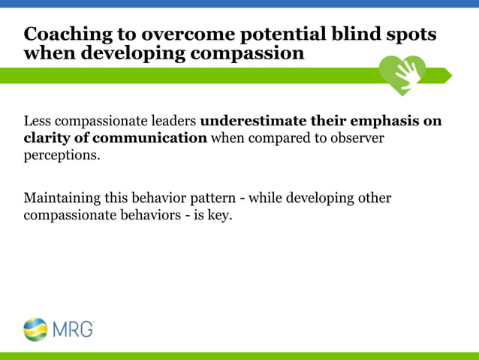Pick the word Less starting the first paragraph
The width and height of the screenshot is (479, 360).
pos(37,121)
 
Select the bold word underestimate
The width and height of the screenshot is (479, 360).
pos(247,121)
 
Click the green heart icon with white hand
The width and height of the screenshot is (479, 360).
pos(402,74)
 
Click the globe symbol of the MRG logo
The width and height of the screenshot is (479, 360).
pos(35,329)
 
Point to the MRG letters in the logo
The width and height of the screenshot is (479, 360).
pos(72,329)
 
